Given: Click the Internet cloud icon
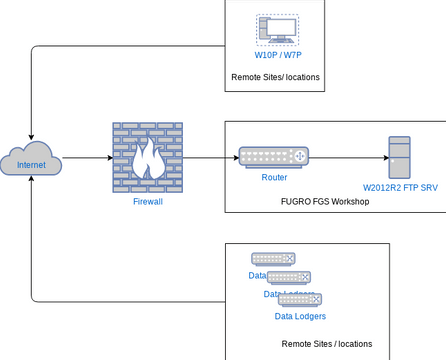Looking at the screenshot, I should [32, 162].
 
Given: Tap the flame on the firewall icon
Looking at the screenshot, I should [147, 160].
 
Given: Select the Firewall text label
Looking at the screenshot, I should [147, 201].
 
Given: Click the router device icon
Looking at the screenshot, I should [273, 157].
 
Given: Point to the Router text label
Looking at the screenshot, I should [274, 177].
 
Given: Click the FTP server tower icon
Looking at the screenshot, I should [400, 158].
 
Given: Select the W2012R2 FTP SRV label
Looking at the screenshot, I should [400, 188].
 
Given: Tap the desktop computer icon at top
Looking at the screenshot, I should [276, 29].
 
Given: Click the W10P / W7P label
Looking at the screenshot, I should [276, 55].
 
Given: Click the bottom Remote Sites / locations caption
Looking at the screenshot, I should [327, 343].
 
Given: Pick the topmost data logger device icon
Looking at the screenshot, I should [273, 259].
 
